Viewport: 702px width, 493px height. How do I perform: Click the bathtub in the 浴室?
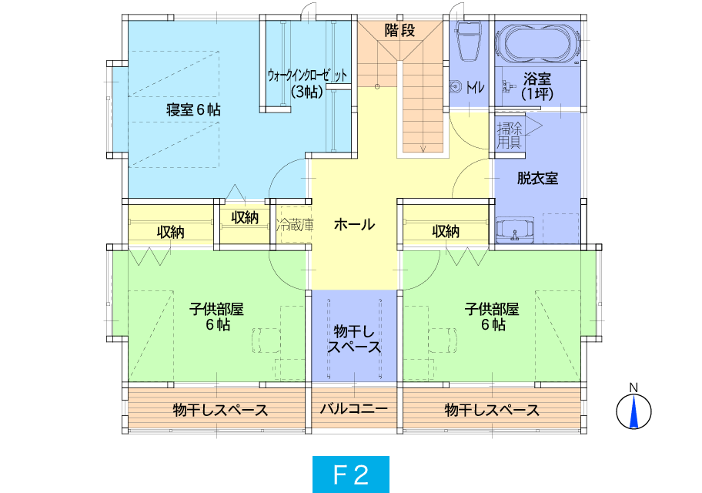(x=537, y=44)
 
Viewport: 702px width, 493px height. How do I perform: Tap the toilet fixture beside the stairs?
(x=468, y=41)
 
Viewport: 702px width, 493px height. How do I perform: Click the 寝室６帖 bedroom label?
(x=193, y=110)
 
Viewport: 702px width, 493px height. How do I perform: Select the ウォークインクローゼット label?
(x=307, y=75)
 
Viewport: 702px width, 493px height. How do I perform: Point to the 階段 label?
(x=399, y=31)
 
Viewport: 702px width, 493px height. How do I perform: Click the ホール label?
(x=354, y=224)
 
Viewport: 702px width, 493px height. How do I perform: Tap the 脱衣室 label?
(x=537, y=179)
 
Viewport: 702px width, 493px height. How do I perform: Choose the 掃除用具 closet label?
(x=510, y=136)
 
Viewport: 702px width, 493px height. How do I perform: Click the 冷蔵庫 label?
(x=295, y=224)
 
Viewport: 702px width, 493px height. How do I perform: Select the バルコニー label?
(x=353, y=409)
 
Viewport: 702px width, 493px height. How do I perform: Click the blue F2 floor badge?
(x=351, y=475)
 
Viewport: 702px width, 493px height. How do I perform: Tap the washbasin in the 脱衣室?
(x=515, y=230)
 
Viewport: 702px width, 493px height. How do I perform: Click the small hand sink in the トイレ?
(x=456, y=86)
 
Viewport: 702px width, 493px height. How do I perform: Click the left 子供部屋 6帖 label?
(x=217, y=317)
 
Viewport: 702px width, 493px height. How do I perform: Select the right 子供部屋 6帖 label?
(x=492, y=317)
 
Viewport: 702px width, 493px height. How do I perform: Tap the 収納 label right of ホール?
(x=446, y=231)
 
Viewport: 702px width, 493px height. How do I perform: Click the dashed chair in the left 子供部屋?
(x=266, y=340)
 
